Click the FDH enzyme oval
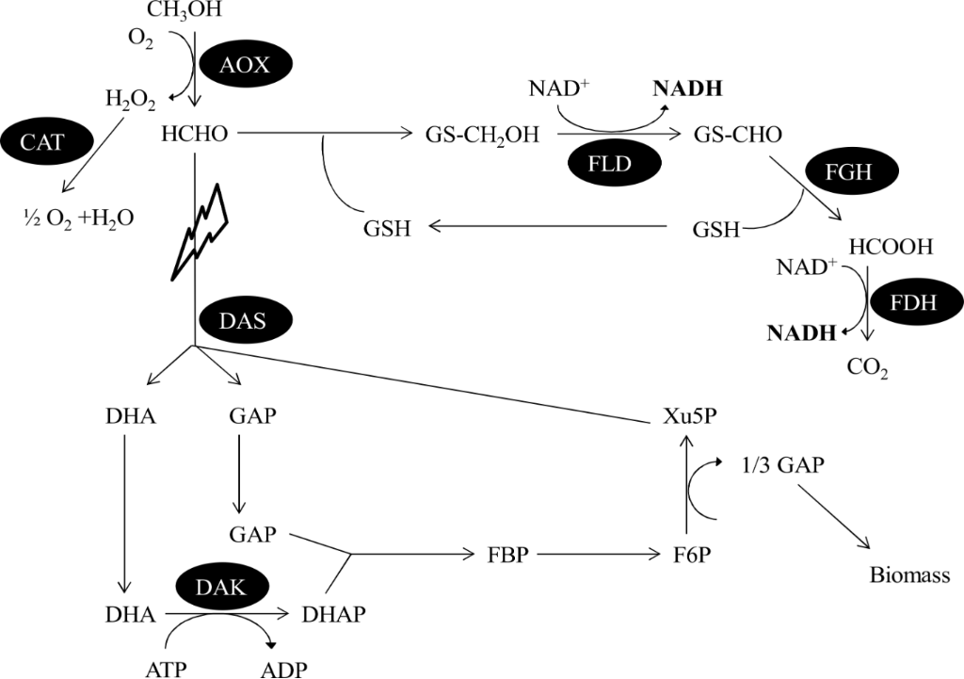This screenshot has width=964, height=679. coord(912,303)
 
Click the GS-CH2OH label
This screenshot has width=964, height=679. coord(483,136)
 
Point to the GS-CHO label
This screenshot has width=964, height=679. coord(737,136)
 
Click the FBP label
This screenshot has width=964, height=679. coord(507,555)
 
